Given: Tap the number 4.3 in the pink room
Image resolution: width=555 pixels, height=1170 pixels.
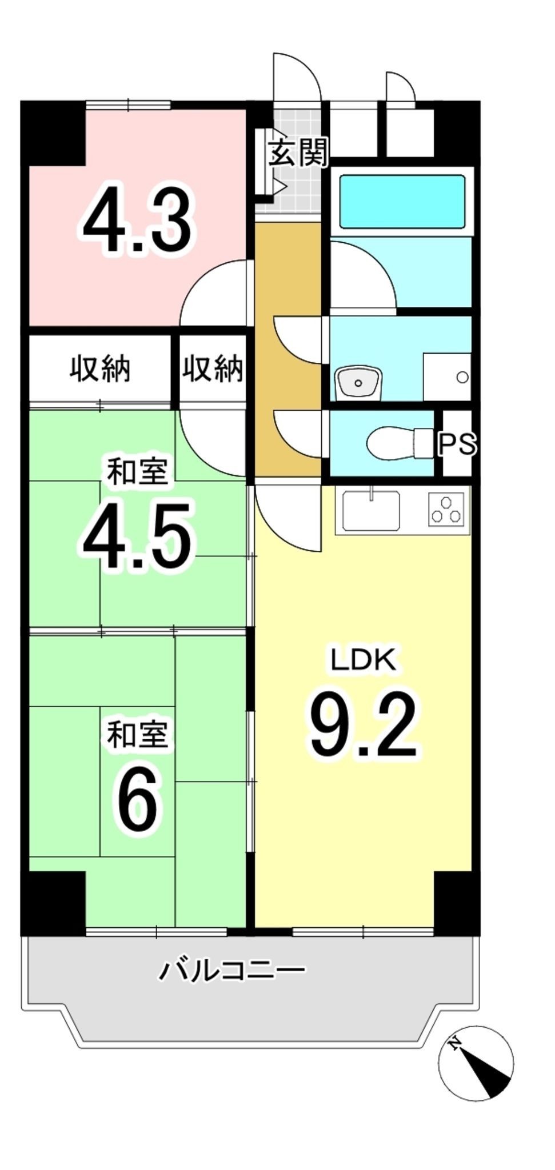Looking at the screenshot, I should [137, 221].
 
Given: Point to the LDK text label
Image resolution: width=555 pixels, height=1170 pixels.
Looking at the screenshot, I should [364, 660].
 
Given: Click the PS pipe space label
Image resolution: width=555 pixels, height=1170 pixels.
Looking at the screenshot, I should [457, 444].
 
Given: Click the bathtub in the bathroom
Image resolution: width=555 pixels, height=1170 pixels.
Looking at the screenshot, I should [402, 202].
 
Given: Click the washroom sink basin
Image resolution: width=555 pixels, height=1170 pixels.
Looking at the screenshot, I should [358, 381].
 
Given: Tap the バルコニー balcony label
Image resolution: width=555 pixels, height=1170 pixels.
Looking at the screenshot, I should [232, 970].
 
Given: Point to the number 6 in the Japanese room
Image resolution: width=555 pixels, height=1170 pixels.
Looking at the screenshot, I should [137, 800].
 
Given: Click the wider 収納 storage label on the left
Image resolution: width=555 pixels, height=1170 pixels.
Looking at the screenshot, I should [100, 369].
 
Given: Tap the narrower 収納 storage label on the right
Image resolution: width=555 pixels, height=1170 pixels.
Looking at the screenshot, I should [213, 369].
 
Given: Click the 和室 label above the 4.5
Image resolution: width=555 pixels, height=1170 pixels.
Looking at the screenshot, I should [137, 472].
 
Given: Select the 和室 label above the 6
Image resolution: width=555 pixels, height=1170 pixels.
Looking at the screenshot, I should [137, 735].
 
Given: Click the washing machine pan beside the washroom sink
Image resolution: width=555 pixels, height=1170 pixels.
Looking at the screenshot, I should [447, 377].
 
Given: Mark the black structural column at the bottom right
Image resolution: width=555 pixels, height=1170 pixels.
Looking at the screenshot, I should [456, 902].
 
